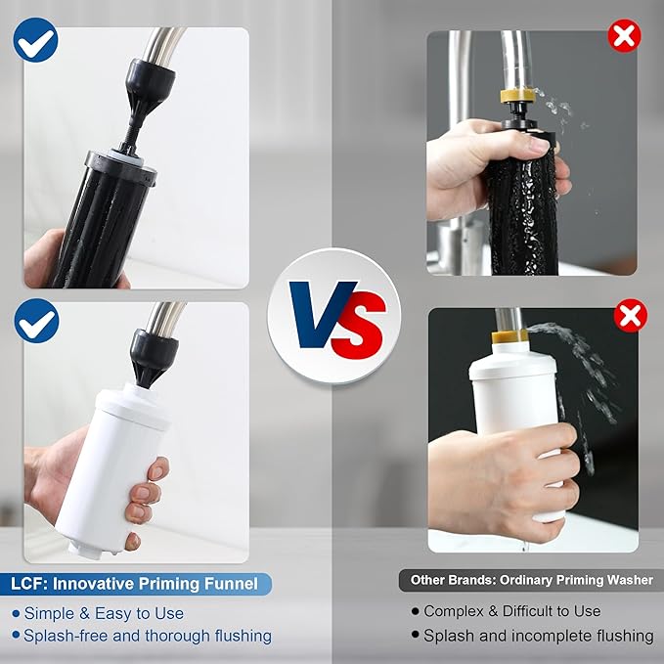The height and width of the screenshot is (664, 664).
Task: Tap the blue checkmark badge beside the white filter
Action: pyautogui.click(x=36, y=321)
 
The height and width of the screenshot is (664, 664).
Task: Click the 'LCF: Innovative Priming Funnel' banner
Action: pyautogui.click(x=136, y=584)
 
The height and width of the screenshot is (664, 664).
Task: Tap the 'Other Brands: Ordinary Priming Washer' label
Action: pyautogui.click(x=531, y=580)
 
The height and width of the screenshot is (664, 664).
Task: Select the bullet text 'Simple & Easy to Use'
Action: pyautogui.click(x=104, y=613)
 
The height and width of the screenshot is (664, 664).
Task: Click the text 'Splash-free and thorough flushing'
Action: pyautogui.click(x=148, y=636)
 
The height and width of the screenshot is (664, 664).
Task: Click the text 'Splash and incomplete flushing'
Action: pyautogui.click(x=538, y=636)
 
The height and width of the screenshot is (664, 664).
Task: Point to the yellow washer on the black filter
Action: pyautogui.click(x=514, y=99)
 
